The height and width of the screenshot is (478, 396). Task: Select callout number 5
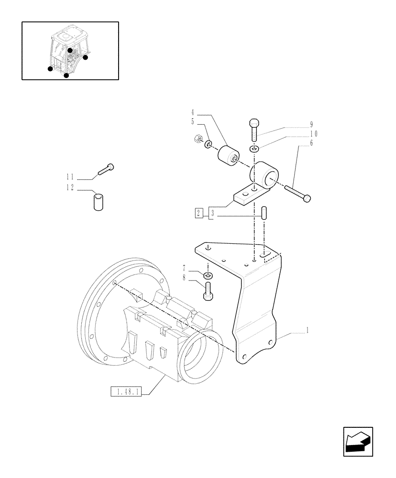click(193, 122)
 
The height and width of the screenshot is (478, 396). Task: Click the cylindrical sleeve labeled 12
click(98, 201)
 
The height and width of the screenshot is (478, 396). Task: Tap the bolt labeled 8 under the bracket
click(208, 291)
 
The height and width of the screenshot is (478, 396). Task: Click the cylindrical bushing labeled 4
click(228, 155)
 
